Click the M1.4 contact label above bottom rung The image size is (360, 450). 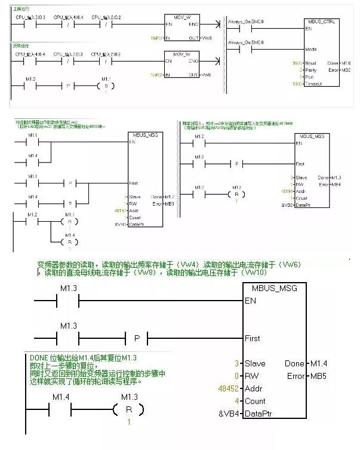[62, 397]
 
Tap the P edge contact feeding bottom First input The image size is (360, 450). [137, 338]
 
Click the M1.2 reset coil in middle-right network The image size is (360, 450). [237, 194]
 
